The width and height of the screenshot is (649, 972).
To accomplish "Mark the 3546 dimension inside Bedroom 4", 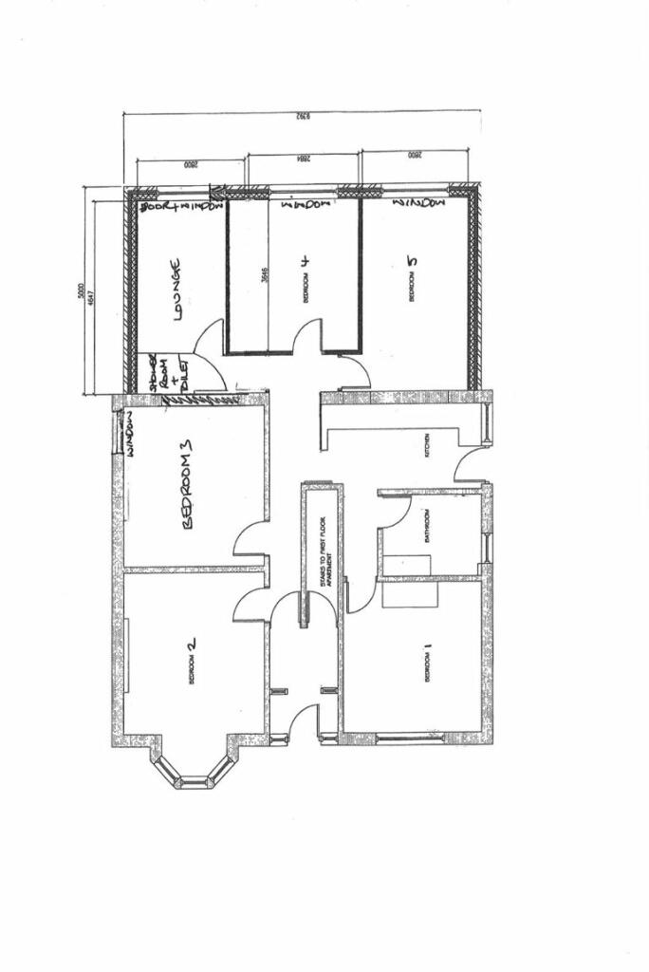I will pos(266,277).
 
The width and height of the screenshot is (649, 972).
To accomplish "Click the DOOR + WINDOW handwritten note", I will pos(180,206).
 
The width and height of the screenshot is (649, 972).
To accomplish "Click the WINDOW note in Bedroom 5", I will pos(417,203).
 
